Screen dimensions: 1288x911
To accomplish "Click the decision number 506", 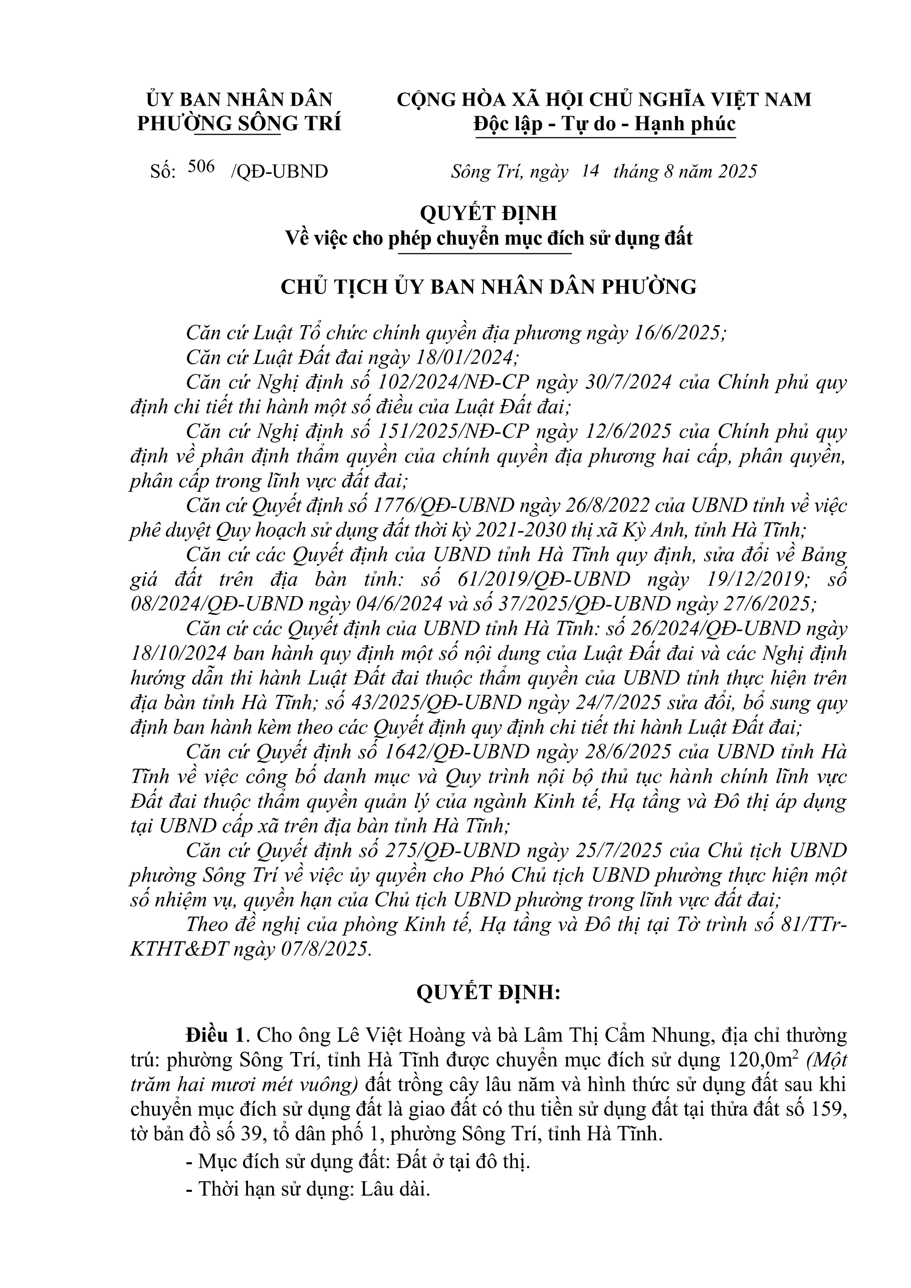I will pyautogui.click(x=202, y=167).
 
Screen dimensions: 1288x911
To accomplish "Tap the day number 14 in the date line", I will pyautogui.click(x=590, y=170).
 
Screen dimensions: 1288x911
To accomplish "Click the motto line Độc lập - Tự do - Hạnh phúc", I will pyautogui.click(x=604, y=123).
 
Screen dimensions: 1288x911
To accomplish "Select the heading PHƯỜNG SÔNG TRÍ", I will pyautogui.click(x=239, y=123).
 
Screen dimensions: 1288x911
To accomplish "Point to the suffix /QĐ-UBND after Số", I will pyautogui.click(x=279, y=172).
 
